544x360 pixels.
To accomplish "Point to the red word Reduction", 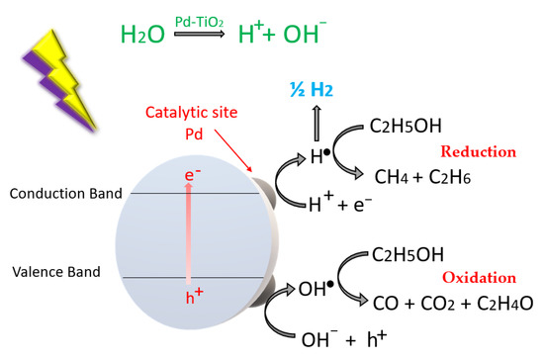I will (481, 152).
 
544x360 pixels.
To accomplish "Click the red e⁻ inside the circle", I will (195, 178).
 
